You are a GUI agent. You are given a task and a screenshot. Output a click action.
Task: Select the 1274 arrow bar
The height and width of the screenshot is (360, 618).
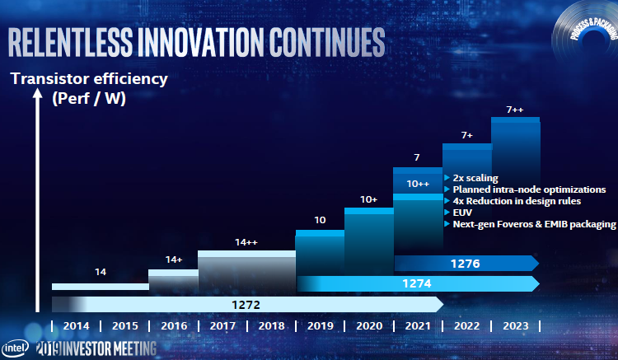(x=416, y=283)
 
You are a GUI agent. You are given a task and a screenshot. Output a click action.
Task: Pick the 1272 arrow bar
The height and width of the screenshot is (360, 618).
(x=245, y=304)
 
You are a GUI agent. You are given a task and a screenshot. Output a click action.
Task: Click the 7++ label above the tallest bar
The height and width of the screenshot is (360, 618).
(x=516, y=109)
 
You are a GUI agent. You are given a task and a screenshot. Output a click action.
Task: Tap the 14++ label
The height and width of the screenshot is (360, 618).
(x=246, y=242)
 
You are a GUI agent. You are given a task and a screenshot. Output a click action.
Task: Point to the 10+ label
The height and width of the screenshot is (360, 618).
(x=368, y=199)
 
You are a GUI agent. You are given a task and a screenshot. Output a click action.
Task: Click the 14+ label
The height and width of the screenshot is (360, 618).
(x=173, y=259)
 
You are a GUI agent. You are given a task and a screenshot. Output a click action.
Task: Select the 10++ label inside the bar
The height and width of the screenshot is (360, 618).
(x=419, y=184)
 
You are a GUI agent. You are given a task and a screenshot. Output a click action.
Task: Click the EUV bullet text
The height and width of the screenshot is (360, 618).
(x=460, y=213)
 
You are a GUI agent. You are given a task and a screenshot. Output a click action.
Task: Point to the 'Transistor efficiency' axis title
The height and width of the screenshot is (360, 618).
(x=88, y=79)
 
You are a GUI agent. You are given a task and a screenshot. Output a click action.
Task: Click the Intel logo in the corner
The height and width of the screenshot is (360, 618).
(x=16, y=346)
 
